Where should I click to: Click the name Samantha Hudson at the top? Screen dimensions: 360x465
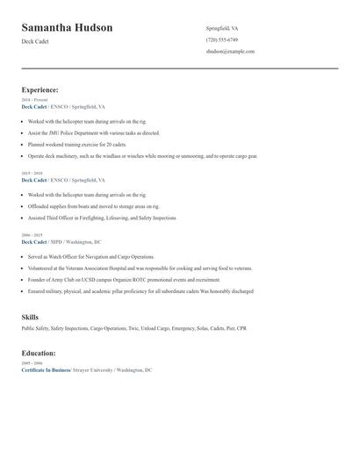(x=67, y=28)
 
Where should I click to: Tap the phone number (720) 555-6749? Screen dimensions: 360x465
(x=221, y=39)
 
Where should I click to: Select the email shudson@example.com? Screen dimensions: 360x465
(x=230, y=51)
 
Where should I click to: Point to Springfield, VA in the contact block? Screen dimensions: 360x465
(x=222, y=28)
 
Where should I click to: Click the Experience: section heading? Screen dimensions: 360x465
(x=40, y=89)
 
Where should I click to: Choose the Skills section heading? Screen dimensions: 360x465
(x=30, y=317)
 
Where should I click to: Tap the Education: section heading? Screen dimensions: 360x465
(x=39, y=353)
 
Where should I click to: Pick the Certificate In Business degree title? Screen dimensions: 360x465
(x=45, y=369)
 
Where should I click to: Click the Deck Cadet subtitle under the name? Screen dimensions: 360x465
(x=35, y=43)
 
